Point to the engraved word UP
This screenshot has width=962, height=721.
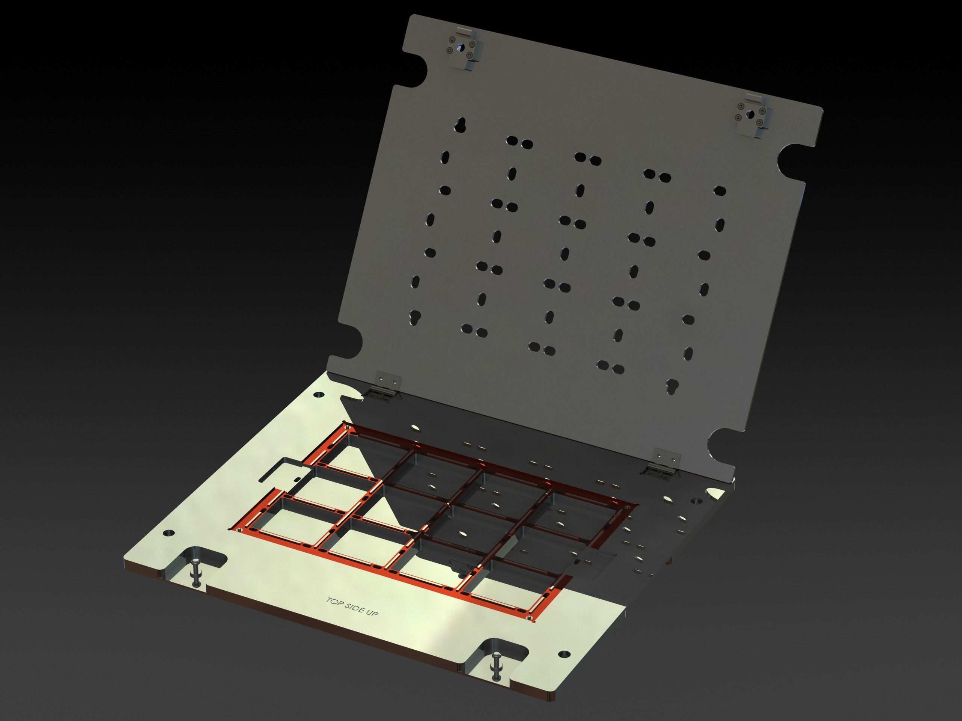coord(372,613)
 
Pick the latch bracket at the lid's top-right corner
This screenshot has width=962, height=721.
coord(752,116)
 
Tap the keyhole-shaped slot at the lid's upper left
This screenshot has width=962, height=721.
coord(460,124)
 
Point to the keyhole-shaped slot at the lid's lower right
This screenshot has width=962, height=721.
coord(672,386)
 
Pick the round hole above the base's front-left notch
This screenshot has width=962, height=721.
coord(168,533)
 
